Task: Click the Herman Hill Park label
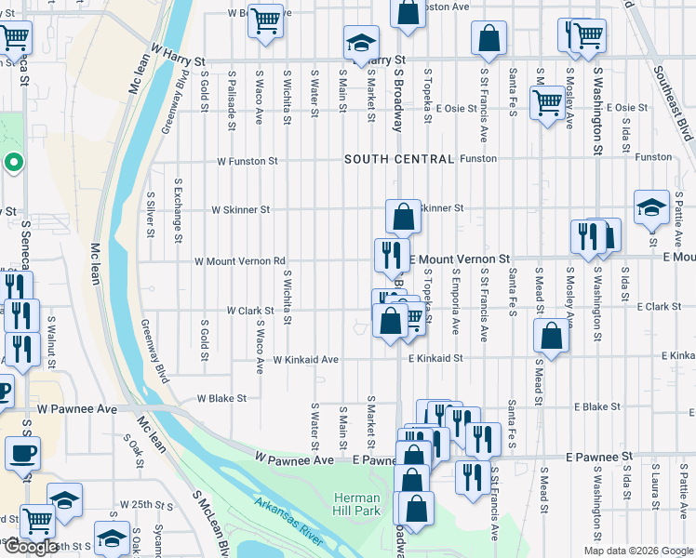click(357, 504)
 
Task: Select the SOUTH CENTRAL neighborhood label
click(398, 159)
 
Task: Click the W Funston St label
click(248, 161)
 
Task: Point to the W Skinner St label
click(241, 210)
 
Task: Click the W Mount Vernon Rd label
click(239, 261)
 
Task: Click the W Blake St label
click(221, 397)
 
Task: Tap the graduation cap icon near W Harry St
click(360, 42)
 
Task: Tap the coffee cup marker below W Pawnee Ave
click(21, 454)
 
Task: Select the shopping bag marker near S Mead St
click(552, 336)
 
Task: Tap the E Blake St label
click(597, 406)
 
